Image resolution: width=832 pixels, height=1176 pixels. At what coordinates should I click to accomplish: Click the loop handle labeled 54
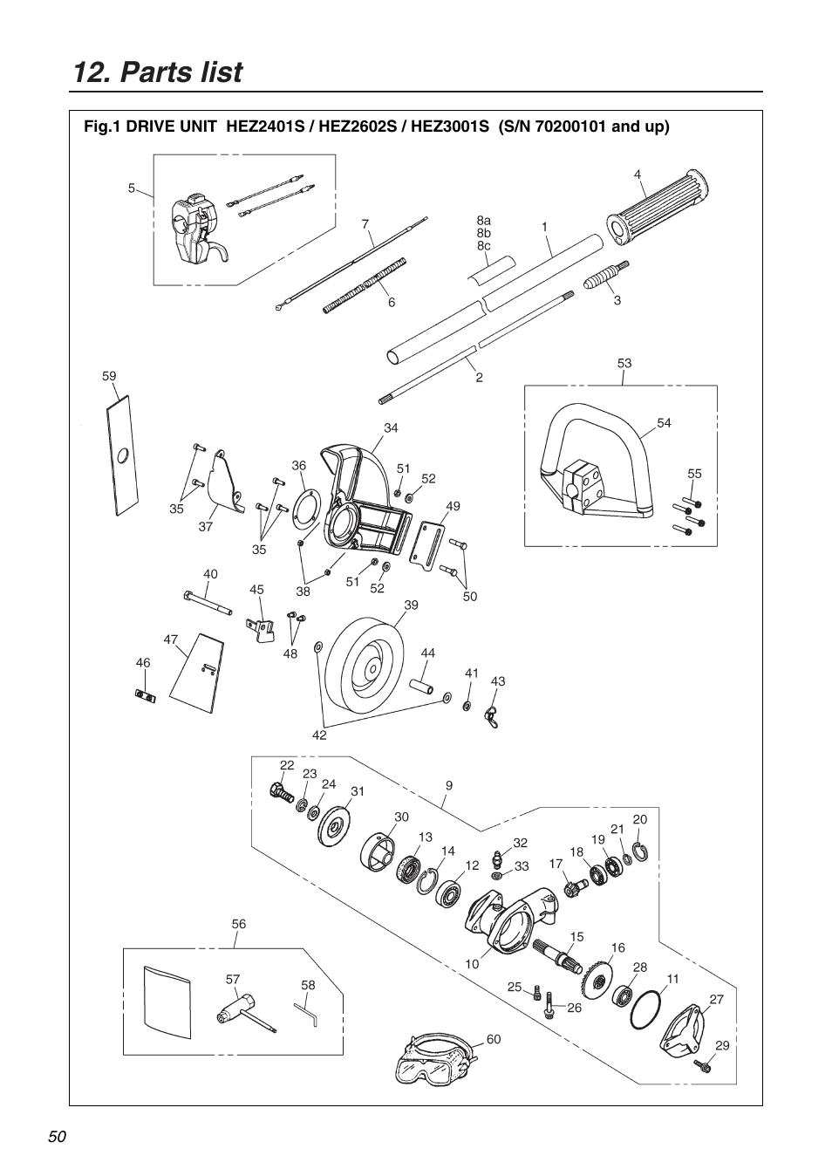[593, 454]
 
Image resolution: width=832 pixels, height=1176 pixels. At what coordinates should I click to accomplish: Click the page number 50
[58, 1136]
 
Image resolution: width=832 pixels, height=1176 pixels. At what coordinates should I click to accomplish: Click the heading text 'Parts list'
[181, 72]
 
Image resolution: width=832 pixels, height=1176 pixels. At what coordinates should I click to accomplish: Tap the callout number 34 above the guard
[391, 427]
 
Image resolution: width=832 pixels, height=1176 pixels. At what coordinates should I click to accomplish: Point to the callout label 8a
[483, 221]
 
